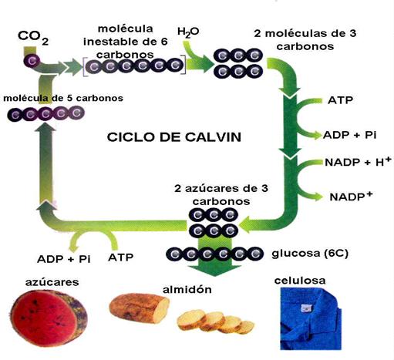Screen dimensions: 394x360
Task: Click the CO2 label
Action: [33, 38]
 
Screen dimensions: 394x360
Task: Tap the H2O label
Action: [188, 32]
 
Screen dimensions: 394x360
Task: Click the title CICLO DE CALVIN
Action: [174, 137]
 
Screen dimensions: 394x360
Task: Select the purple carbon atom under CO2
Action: [32, 61]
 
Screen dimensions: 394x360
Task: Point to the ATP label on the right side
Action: [340, 100]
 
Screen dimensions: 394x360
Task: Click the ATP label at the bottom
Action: [120, 257]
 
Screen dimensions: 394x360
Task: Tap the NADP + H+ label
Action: [358, 162]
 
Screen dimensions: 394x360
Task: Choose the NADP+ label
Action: [351, 197]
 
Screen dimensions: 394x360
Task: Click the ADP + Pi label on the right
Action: [350, 135]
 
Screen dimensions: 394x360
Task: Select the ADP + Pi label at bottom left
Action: [64, 259]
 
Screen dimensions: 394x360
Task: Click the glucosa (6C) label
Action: [310, 254]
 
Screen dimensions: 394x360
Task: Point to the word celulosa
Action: [300, 281]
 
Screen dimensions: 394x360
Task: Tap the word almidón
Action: [187, 290]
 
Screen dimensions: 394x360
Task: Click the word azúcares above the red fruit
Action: [52, 282]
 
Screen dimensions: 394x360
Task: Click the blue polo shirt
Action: [311, 318]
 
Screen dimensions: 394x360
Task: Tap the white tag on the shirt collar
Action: [306, 308]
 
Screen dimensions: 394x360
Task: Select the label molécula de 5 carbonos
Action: [63, 98]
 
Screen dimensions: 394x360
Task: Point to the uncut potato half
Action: [140, 308]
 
